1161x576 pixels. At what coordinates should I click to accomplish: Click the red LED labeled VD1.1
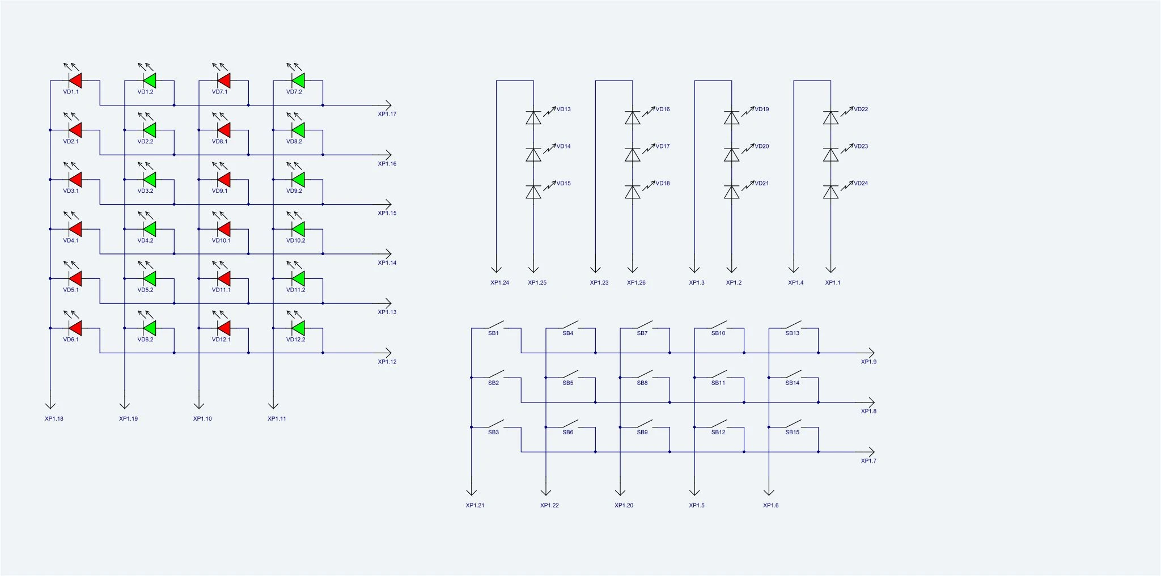pos(75,81)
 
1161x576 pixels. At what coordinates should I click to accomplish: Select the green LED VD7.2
pos(298,81)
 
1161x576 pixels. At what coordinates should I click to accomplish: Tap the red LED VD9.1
pos(223,180)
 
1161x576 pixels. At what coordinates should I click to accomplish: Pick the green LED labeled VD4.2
pos(149,229)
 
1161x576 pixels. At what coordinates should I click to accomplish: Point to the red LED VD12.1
pos(223,328)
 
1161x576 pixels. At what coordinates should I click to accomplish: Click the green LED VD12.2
pos(298,328)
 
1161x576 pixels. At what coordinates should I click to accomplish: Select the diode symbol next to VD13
pos(533,117)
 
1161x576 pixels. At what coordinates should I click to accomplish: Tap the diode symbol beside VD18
pos(633,192)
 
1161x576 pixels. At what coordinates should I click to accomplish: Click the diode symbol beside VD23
pos(831,155)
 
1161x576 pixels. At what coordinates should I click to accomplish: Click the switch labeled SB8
pos(645,375)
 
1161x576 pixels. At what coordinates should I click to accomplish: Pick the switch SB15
pos(793,424)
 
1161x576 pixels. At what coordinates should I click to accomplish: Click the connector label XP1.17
pos(387,114)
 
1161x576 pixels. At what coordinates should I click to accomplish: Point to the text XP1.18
pos(54,419)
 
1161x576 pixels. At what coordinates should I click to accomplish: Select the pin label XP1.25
pos(537,282)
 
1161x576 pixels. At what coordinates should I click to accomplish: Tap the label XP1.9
pos(868,362)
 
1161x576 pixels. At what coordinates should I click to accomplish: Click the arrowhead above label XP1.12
pos(388,353)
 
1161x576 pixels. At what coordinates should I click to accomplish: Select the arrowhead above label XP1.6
pos(769,492)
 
